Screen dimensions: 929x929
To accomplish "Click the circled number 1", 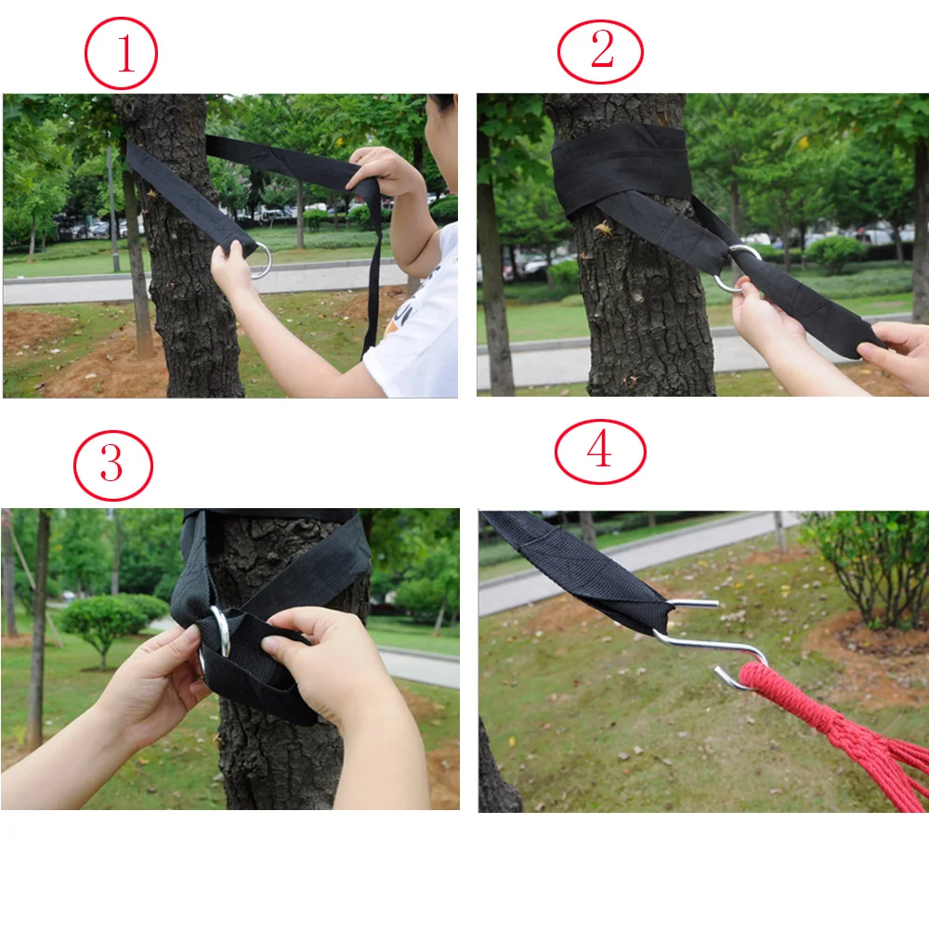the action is tap(121, 53).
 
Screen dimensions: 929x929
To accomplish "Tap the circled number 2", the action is tap(600, 51).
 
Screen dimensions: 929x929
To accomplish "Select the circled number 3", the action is tap(113, 465).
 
